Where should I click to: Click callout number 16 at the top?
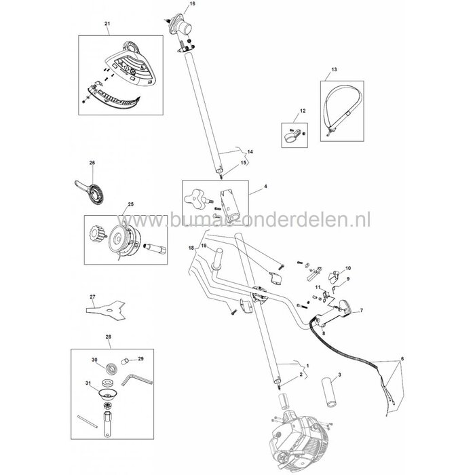pos(172,5)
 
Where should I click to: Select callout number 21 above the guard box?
pos(107,24)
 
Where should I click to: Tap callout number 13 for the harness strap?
pos(334,70)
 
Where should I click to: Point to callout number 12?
pos(303,110)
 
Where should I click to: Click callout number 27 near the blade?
pos(93,296)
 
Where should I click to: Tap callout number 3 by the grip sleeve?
pos(339,375)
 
